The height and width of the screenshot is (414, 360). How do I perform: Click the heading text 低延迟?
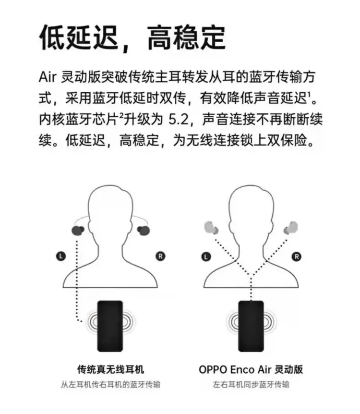click(x=79, y=37)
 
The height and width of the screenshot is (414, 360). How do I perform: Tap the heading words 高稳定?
click(x=186, y=37)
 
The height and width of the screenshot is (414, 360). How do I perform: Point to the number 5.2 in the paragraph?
click(x=179, y=119)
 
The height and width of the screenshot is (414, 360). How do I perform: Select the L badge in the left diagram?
click(x=61, y=256)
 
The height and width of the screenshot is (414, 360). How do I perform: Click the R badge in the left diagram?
click(x=160, y=256)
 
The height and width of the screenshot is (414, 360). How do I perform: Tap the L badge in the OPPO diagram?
click(x=206, y=256)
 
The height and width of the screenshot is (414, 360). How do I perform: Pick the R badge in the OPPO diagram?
click(x=296, y=256)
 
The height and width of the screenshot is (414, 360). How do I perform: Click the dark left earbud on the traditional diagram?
click(x=78, y=230)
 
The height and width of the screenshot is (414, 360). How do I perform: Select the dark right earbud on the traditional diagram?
click(x=144, y=230)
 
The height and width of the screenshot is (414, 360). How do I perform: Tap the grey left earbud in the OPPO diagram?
click(x=211, y=228)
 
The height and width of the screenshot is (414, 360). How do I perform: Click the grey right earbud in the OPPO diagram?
click(x=290, y=228)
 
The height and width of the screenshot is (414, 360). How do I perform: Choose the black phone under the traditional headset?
click(x=110, y=326)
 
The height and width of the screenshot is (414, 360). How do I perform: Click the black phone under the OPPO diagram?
click(x=251, y=326)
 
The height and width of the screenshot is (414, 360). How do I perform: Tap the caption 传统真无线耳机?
click(x=110, y=369)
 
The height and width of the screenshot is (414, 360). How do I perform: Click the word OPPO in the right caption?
click(x=213, y=369)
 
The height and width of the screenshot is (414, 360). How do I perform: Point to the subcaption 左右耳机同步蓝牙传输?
click(x=251, y=384)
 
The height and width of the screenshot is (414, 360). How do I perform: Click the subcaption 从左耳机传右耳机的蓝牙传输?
click(x=110, y=384)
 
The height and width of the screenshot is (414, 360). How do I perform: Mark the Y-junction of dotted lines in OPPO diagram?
click(x=251, y=276)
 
